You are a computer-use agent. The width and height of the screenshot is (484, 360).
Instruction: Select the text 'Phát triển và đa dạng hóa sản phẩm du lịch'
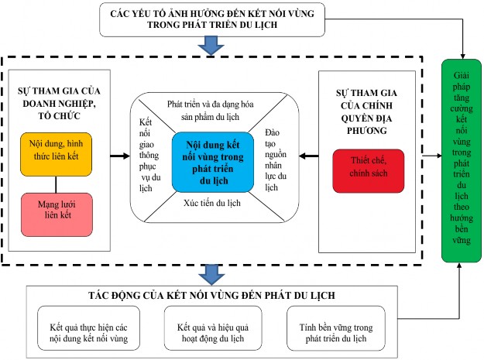click(x=213, y=110)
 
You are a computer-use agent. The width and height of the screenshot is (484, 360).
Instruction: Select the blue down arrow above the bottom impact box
click(x=208, y=273)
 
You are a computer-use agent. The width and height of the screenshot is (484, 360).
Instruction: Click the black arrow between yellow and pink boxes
click(x=58, y=183)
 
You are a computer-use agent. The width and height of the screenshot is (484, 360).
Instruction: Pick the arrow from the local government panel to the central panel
click(x=309, y=157)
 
